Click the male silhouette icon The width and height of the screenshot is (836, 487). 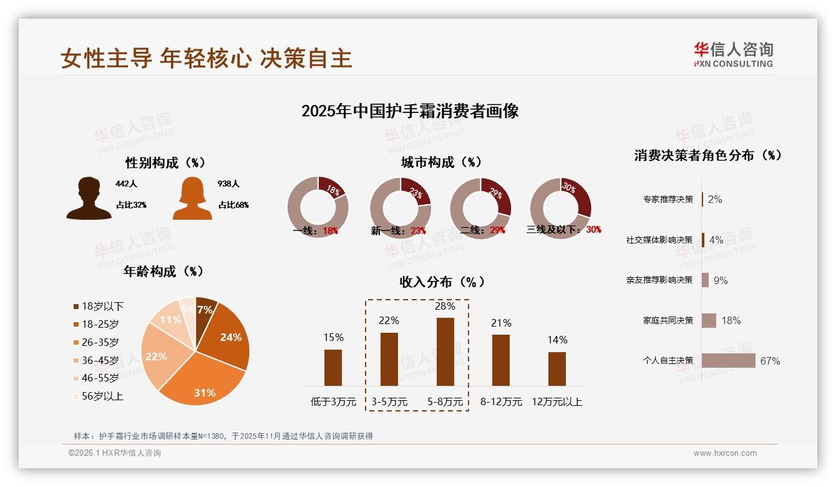89,199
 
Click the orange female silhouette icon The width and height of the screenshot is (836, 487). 192,199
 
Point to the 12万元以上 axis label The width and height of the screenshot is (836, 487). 557,402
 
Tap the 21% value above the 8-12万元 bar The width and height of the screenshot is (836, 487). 501,323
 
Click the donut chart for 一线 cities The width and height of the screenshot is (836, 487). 318,206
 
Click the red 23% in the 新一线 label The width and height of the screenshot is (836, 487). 418,231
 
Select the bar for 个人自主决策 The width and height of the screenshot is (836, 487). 728,361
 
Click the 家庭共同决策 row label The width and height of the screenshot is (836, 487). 668,320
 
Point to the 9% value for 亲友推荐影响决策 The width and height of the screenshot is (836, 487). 721,280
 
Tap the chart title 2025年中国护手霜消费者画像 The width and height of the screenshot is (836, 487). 410,111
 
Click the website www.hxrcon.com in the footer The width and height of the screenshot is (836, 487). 725,453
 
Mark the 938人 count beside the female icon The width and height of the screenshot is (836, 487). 229,184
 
